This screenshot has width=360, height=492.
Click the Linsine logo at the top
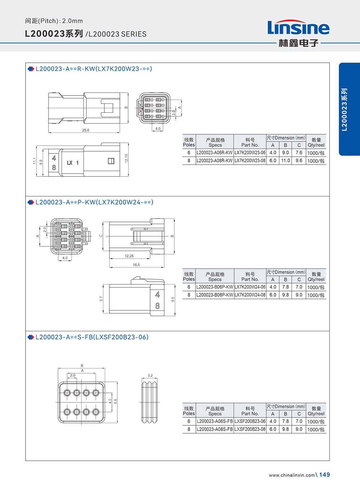298,33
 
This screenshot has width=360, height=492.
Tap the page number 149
325,475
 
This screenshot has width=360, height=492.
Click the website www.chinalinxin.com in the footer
292,475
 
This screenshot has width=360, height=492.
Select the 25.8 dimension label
86,130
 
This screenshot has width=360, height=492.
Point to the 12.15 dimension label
126,158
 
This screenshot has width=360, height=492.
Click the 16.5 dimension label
136,265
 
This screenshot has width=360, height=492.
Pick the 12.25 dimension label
129,256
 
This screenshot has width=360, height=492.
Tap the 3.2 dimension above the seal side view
150,375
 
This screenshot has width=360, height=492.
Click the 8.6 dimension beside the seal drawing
116,401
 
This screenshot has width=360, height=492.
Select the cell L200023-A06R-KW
215,153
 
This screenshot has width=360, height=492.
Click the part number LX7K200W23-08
250,161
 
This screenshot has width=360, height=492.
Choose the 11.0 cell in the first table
285,161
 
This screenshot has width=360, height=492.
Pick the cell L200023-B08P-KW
215,295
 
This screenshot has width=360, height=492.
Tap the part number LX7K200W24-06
250,287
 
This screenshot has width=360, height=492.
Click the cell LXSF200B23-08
250,429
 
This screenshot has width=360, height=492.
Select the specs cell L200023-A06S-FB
215,421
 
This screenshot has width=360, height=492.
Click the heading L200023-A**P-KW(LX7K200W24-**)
94,202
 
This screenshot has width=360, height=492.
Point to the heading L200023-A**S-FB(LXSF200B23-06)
92,337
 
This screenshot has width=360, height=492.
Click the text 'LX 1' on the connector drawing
73,163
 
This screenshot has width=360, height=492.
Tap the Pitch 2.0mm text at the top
54,21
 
